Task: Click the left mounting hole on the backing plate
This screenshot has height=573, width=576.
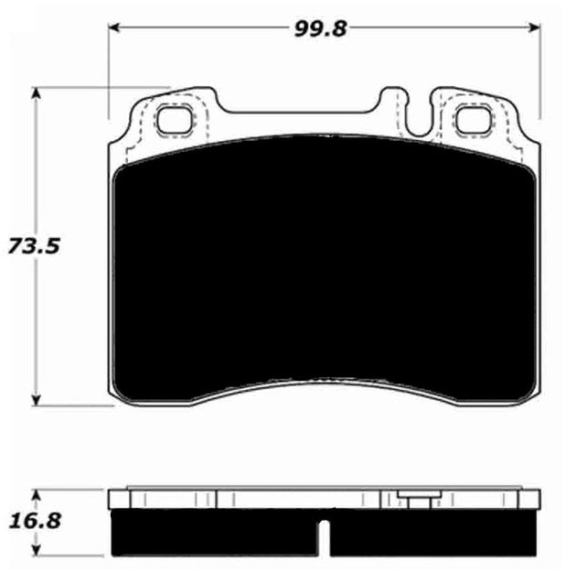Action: click(172, 119)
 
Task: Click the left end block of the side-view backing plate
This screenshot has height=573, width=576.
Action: click(120, 499)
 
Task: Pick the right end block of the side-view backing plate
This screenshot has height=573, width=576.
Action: click(528, 499)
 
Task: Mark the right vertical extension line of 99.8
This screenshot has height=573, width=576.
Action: click(539, 73)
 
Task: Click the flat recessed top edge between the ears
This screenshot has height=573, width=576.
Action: click(302, 113)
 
